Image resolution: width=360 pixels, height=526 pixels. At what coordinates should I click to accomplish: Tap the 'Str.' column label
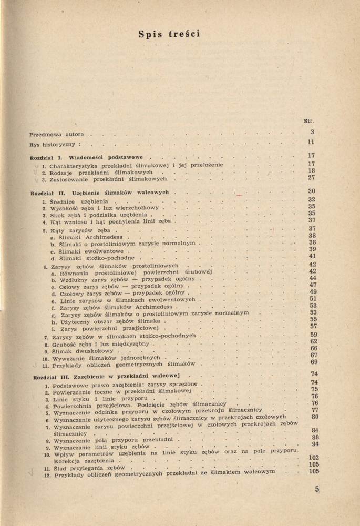[x=309, y=121]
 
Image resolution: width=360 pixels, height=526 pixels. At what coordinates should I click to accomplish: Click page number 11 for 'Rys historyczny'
[x=311, y=143]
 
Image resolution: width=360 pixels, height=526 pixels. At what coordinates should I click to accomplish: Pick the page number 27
[x=311, y=178]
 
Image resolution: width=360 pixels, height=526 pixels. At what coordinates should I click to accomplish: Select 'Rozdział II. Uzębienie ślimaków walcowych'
[x=99, y=193]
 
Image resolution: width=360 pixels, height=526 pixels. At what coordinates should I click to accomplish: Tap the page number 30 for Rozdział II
[x=311, y=191]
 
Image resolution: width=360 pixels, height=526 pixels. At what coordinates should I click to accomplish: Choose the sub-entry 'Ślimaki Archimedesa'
[x=87, y=237]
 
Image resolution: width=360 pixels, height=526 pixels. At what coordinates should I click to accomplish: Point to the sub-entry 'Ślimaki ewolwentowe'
[x=87, y=251]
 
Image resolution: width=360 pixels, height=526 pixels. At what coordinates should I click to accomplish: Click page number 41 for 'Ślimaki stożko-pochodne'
[x=312, y=256]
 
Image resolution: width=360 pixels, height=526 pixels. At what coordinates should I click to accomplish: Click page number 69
[x=314, y=362]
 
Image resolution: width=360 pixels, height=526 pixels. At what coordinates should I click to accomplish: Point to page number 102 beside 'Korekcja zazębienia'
[x=314, y=457]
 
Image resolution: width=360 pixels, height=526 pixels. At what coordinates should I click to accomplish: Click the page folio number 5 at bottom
[x=317, y=489]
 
